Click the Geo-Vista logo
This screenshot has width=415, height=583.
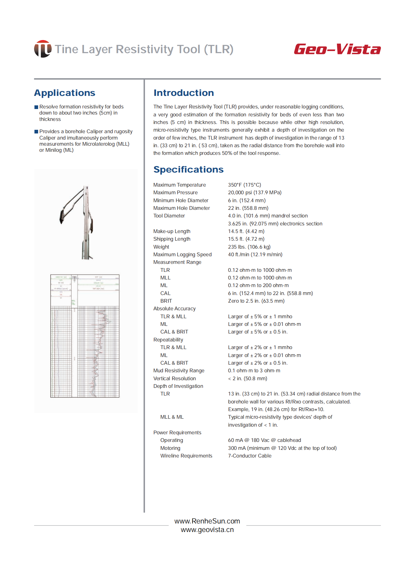click(x=337, y=49)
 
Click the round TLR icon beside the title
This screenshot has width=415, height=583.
click(x=43, y=49)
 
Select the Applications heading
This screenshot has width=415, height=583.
click(x=65, y=93)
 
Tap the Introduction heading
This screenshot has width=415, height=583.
click(x=184, y=93)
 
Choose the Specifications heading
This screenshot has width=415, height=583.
click(x=188, y=169)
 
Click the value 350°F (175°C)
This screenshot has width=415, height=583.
click(x=245, y=185)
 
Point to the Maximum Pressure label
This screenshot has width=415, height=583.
click(x=175, y=192)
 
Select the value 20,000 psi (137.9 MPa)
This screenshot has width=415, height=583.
click(x=255, y=192)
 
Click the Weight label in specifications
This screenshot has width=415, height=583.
click(x=161, y=247)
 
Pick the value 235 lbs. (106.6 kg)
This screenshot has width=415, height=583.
click(x=249, y=247)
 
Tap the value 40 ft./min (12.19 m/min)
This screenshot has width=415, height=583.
click(x=255, y=254)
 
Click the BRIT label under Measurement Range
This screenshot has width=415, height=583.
click(x=166, y=301)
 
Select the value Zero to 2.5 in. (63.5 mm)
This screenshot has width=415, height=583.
click(x=256, y=301)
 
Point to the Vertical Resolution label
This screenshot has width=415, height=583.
click(x=174, y=378)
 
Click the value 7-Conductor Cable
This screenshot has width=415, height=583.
click(x=250, y=456)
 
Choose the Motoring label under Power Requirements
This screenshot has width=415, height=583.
click(x=170, y=448)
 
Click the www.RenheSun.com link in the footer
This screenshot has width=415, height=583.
click(x=207, y=521)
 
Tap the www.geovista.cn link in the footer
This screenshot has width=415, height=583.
click(x=207, y=530)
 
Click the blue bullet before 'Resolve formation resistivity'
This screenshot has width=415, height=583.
click(x=36, y=107)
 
